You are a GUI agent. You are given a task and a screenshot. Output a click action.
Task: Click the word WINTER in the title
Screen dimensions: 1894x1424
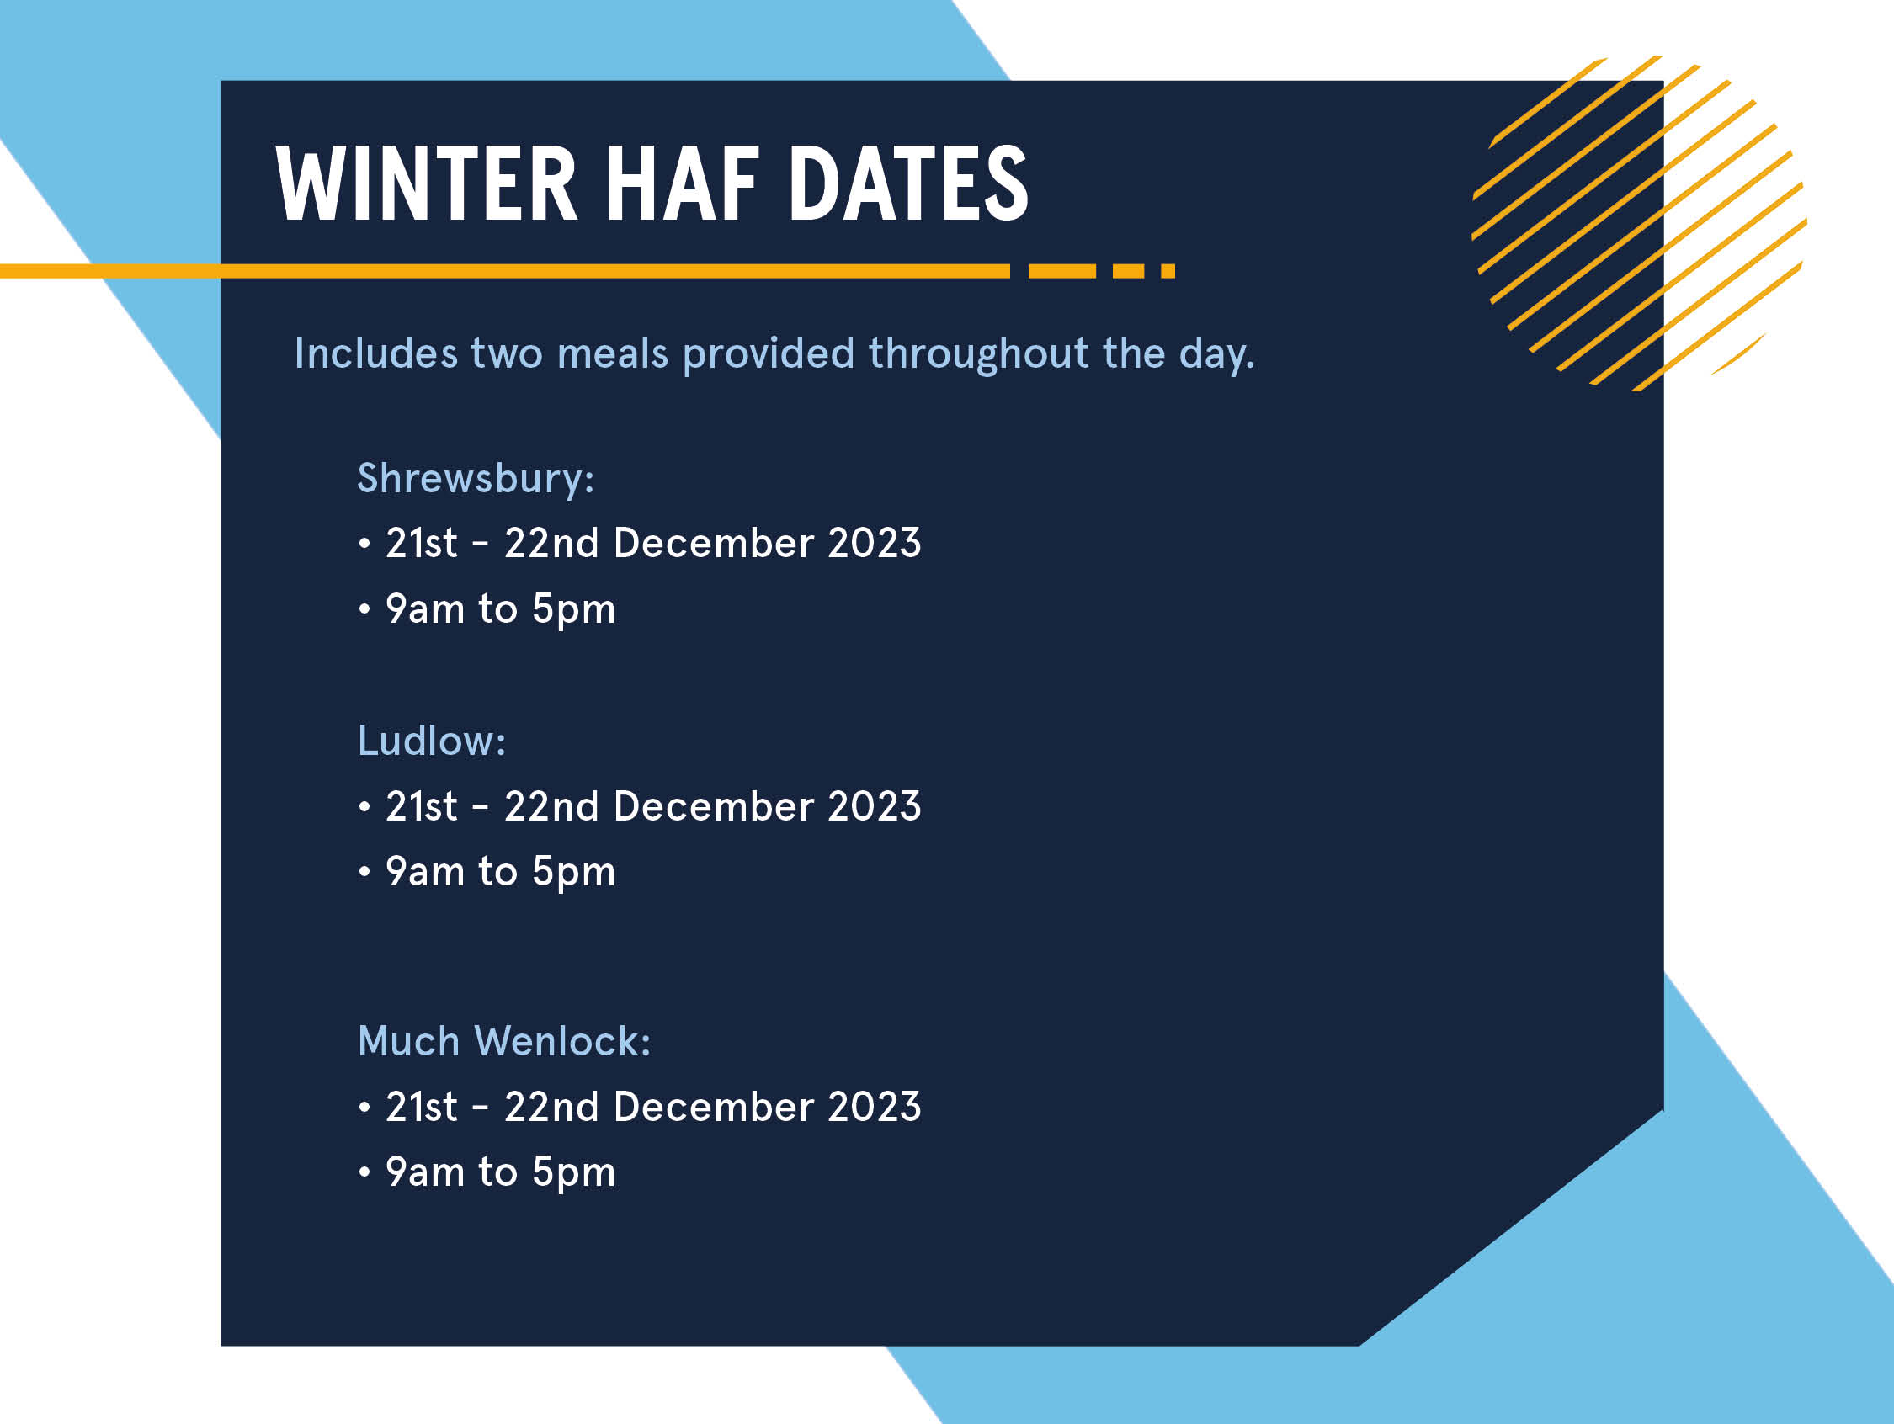(427, 183)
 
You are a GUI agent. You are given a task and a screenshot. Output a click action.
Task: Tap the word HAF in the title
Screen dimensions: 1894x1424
(683, 183)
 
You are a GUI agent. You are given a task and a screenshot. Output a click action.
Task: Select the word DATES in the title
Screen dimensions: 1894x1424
(908, 183)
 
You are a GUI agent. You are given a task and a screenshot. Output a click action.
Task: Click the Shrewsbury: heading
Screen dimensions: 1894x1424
(476, 478)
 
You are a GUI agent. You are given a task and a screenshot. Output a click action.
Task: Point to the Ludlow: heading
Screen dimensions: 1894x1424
(432, 740)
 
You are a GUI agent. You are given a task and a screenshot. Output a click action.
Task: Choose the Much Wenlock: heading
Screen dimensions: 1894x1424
(504, 1041)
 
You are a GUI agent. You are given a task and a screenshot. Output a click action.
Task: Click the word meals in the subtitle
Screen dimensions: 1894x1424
(612, 353)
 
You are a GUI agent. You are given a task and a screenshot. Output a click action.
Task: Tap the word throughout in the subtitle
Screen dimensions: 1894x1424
(979, 353)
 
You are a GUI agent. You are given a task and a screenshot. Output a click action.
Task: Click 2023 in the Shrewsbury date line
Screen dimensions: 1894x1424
(875, 543)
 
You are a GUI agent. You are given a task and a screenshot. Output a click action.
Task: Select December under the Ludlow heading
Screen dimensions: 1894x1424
(713, 806)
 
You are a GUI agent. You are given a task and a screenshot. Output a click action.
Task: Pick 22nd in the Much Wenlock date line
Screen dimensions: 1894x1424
(551, 1108)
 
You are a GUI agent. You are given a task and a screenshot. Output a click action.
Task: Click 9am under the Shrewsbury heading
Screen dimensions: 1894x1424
(425, 609)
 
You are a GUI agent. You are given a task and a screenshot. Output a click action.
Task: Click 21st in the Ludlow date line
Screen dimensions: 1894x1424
(421, 806)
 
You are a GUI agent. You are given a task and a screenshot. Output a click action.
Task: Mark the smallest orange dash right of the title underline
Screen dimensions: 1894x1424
(1168, 272)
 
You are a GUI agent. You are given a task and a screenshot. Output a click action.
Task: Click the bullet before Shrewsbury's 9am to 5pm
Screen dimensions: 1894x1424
(364, 609)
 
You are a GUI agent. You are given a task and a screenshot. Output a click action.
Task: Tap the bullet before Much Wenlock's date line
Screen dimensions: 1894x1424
(364, 1108)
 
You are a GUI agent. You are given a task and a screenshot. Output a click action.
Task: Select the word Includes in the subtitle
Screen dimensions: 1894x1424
(376, 353)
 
